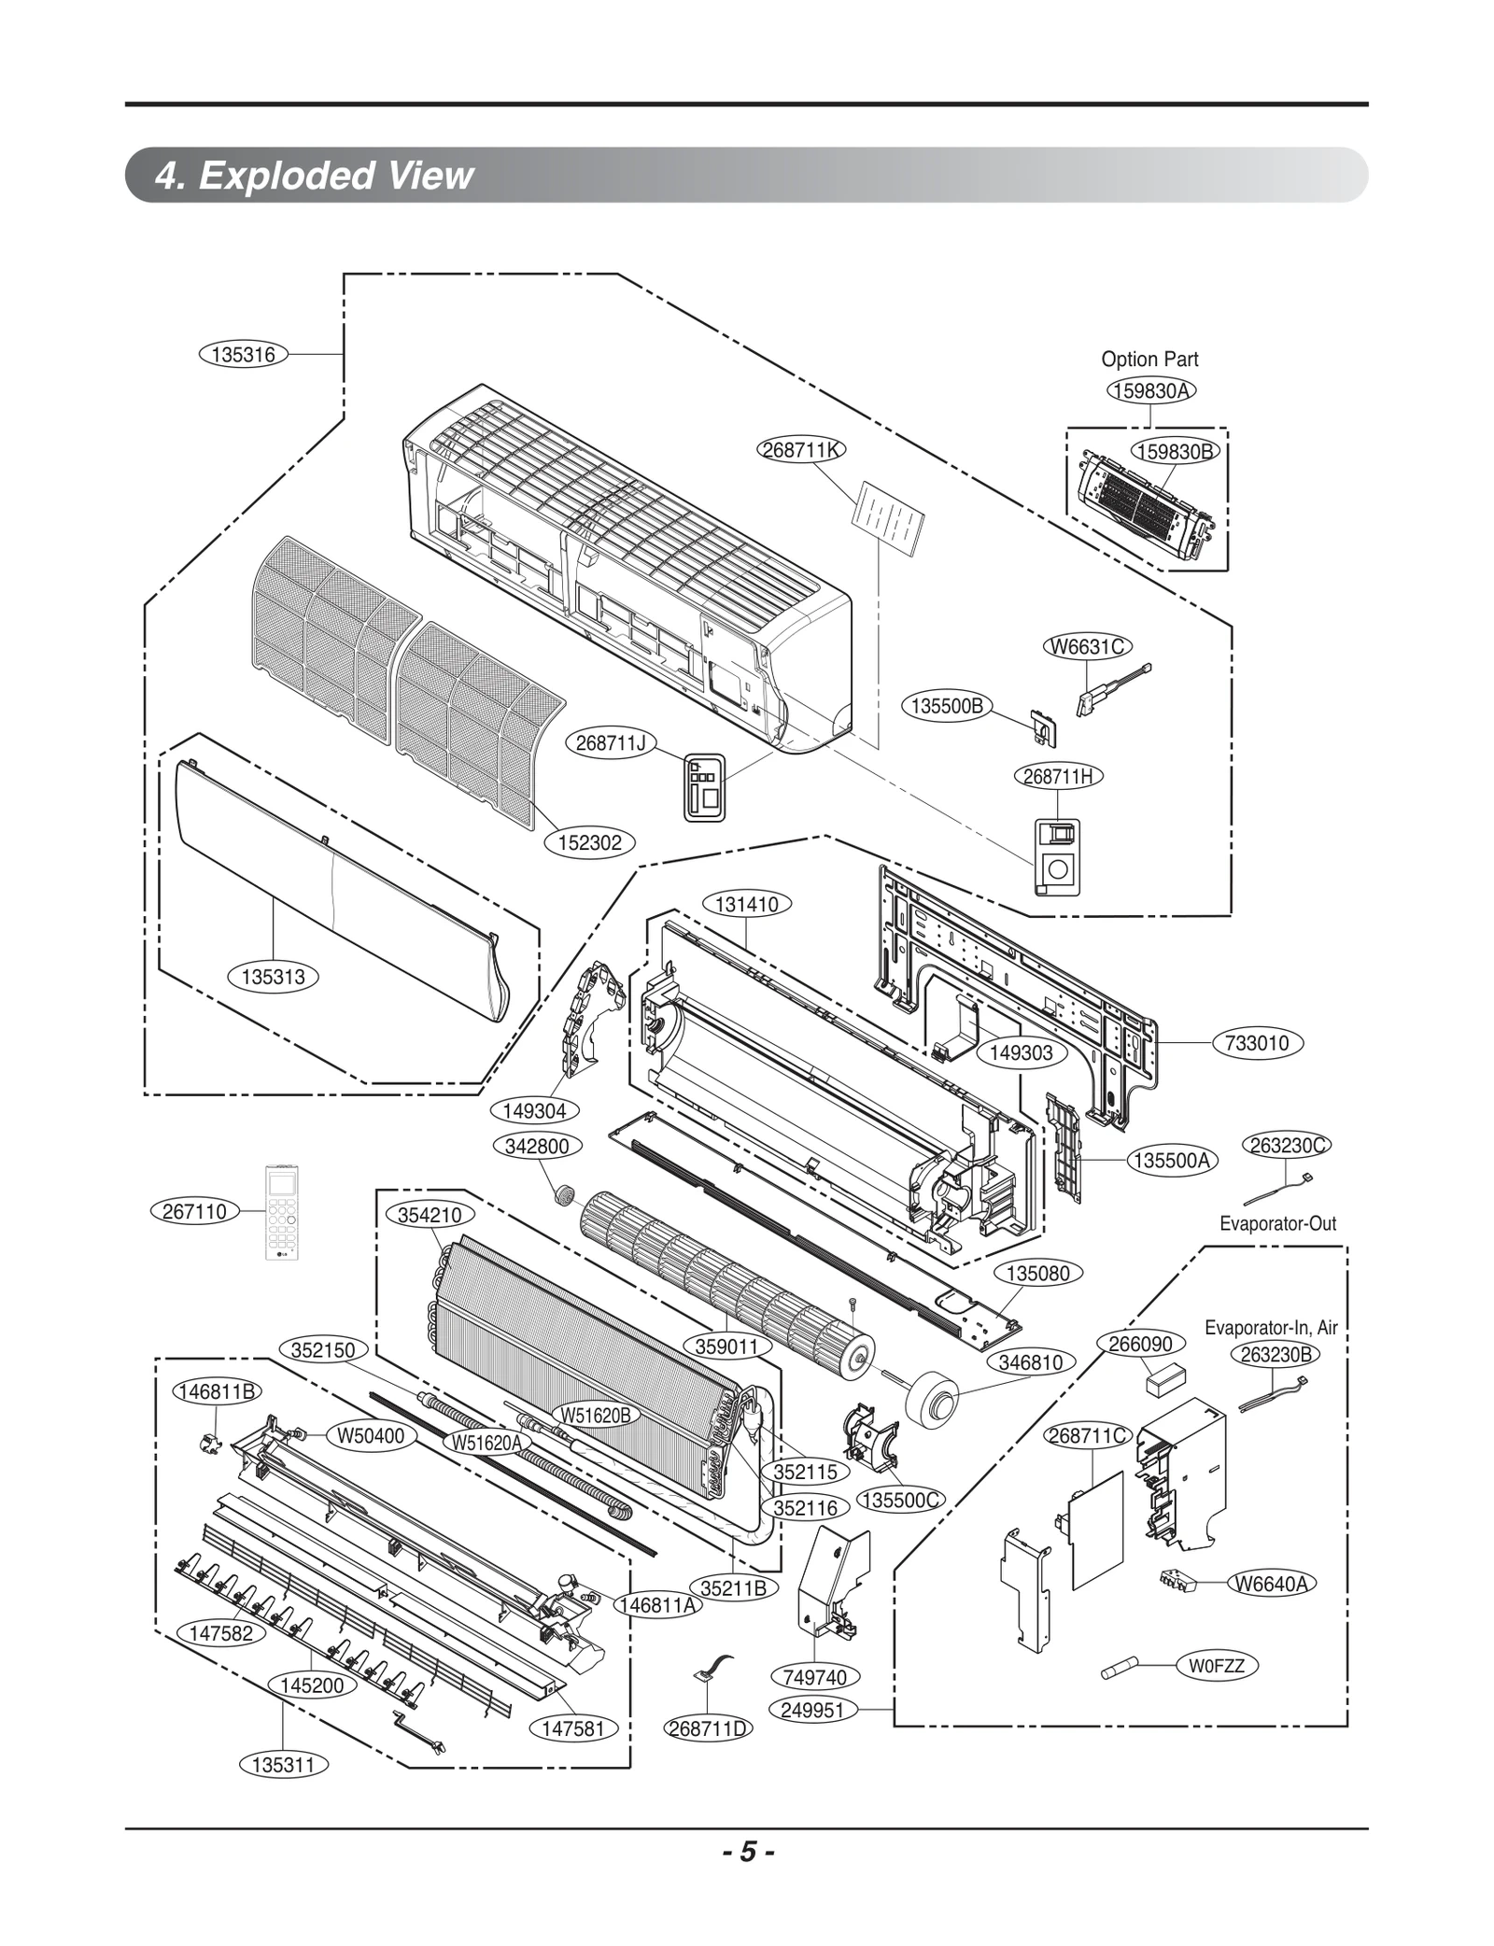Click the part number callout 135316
[243, 355]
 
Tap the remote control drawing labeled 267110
[282, 1211]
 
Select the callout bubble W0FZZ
[1217, 1665]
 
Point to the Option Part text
[1149, 360]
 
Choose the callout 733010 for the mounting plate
[1257, 1043]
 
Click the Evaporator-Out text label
[1276, 1223]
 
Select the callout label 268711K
[800, 450]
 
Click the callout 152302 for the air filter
[589, 843]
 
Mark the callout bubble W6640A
[1271, 1584]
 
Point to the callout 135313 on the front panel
[273, 978]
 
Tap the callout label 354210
[430, 1215]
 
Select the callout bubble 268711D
[709, 1728]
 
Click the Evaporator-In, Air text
[1270, 1328]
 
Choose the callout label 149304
[534, 1111]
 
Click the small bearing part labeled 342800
[563, 1193]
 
